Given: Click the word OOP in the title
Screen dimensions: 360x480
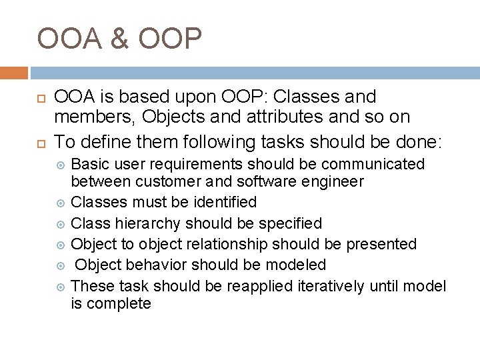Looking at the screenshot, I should tap(170, 39).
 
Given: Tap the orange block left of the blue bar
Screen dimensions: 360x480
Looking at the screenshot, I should tap(14, 73).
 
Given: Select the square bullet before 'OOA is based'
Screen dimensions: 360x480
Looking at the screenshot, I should tap(40, 98).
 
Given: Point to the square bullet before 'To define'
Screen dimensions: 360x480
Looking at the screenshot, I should tap(40, 142).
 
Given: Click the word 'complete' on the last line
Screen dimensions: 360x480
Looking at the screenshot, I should tap(119, 303).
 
